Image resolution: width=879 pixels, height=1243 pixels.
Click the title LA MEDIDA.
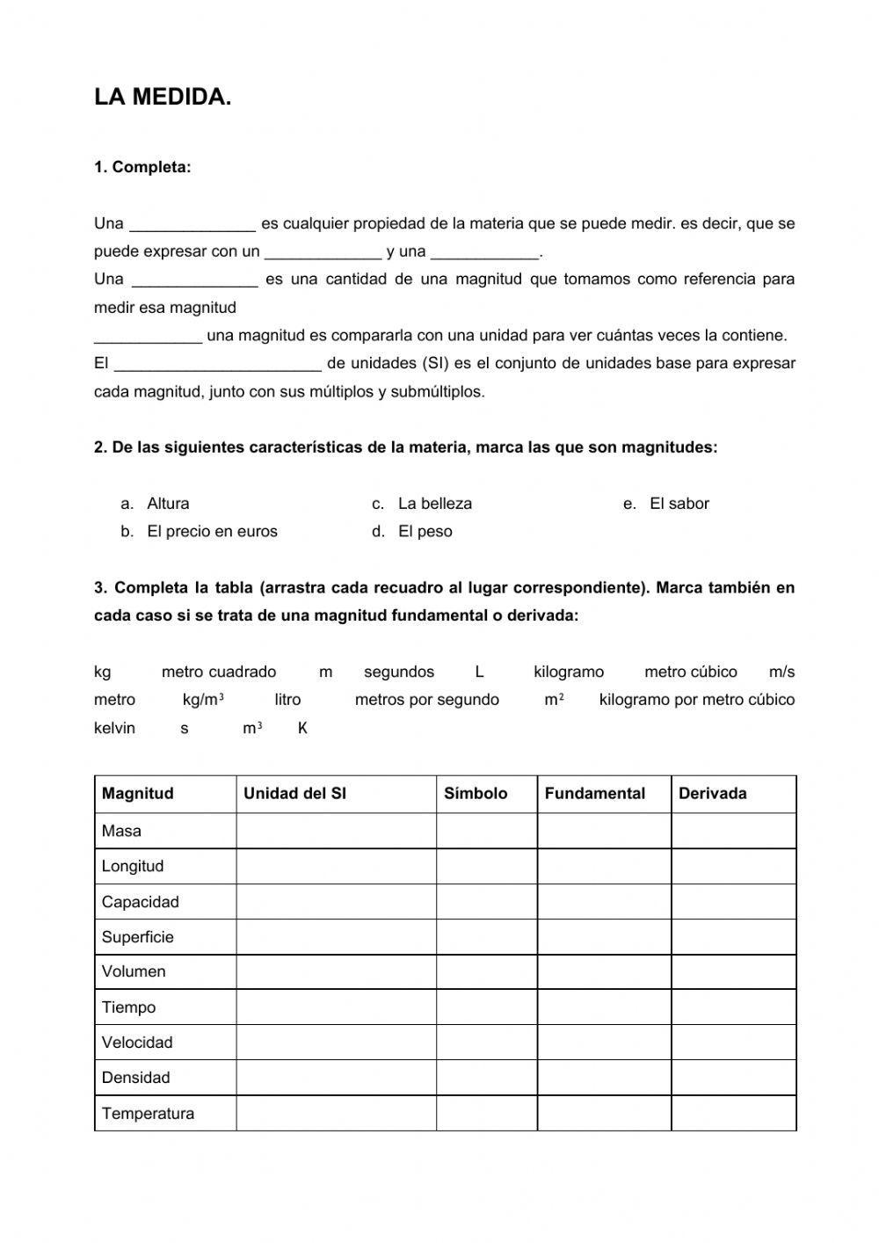pos(163,98)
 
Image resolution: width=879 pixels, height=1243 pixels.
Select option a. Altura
pos(167,504)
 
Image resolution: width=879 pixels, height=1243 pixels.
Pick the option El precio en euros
pos(212,531)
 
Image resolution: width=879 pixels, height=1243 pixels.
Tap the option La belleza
pos(434,504)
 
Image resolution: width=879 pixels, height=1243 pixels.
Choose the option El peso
pos(425,531)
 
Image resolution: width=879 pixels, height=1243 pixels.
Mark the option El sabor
pos(679,504)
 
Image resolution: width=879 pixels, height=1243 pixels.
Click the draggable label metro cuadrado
pos(219,672)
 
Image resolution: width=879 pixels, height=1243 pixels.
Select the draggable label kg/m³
pos(203,700)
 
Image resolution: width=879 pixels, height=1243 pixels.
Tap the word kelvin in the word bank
pos(114,728)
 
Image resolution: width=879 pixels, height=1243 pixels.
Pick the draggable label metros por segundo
pos(426,700)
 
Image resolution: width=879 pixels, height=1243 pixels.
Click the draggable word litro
pos(287,700)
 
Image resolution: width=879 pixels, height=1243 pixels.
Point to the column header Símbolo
pos(476,793)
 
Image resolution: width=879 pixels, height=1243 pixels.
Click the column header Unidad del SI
pos(294,793)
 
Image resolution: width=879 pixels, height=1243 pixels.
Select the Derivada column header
pos(712,793)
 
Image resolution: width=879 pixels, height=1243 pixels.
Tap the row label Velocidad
pos(137,1043)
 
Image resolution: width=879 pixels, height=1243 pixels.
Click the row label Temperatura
pos(148,1113)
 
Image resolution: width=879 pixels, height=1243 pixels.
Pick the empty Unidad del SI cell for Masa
pos(336,831)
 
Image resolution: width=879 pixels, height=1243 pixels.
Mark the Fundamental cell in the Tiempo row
pos(604,1007)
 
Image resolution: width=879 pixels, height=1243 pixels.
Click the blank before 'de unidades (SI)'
pos(218,364)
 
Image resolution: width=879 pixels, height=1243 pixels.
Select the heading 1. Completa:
pos(142,167)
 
